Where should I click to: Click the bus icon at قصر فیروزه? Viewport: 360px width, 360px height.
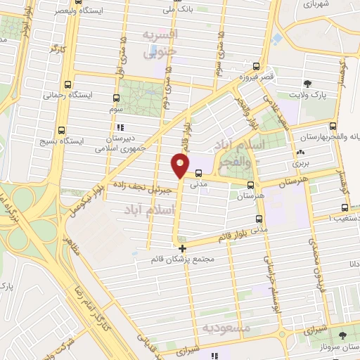tap(262, 66)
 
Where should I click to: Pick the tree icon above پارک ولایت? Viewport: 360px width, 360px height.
tap(308, 84)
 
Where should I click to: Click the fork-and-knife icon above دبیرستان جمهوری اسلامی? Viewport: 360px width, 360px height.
tap(120, 127)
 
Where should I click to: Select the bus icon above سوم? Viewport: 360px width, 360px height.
tap(116, 98)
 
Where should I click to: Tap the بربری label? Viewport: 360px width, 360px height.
tap(300, 163)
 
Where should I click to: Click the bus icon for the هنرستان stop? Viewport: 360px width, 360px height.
tap(251, 184)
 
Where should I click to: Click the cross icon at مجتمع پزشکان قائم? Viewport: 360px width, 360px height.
tap(182, 248)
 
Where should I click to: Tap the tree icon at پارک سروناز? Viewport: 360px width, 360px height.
tap(342, 335)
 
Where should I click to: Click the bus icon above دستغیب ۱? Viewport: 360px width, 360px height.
tap(344, 207)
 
